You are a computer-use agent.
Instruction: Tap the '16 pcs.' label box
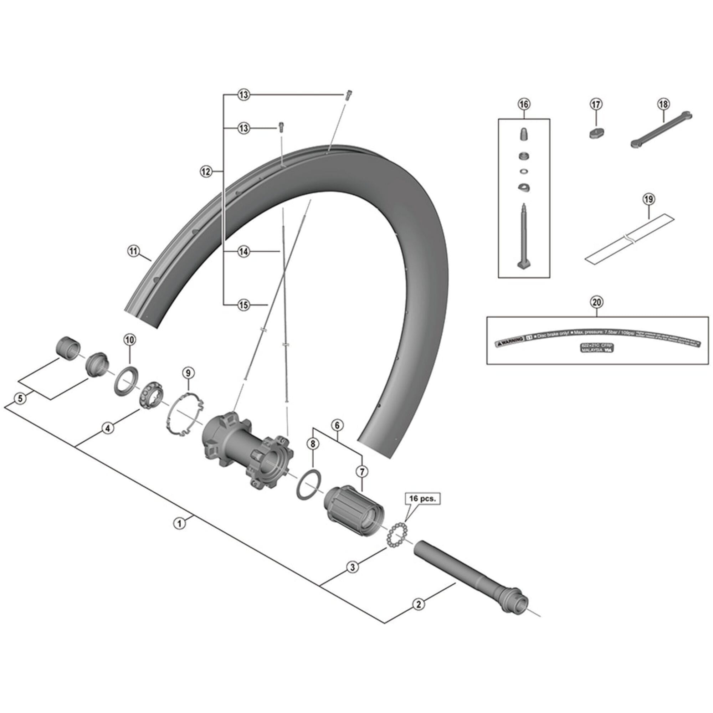coord(422,499)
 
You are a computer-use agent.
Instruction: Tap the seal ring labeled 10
coord(126,380)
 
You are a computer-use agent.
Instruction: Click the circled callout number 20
coord(597,302)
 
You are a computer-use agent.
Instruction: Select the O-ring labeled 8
coord(308,484)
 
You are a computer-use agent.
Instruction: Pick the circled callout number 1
coord(180,523)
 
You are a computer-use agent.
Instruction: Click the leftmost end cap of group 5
coord(67,347)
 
